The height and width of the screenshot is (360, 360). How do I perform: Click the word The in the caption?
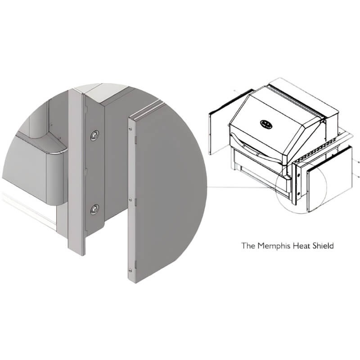(248, 246)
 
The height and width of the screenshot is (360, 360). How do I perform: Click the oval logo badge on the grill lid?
(266, 124)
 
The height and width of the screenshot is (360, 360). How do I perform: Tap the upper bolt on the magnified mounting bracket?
(94, 135)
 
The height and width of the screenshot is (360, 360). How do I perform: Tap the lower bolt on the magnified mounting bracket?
(94, 209)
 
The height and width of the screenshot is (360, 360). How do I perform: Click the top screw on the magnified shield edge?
(130, 129)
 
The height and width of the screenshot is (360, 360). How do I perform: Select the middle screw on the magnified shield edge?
(130, 200)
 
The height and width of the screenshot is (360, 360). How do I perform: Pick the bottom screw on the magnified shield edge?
(130, 270)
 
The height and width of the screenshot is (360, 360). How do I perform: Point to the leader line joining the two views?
(242, 188)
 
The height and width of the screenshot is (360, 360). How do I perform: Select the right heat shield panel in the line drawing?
(330, 180)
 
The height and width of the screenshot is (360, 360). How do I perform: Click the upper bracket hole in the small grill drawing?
(299, 175)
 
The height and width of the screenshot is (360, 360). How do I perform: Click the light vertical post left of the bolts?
(76, 172)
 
